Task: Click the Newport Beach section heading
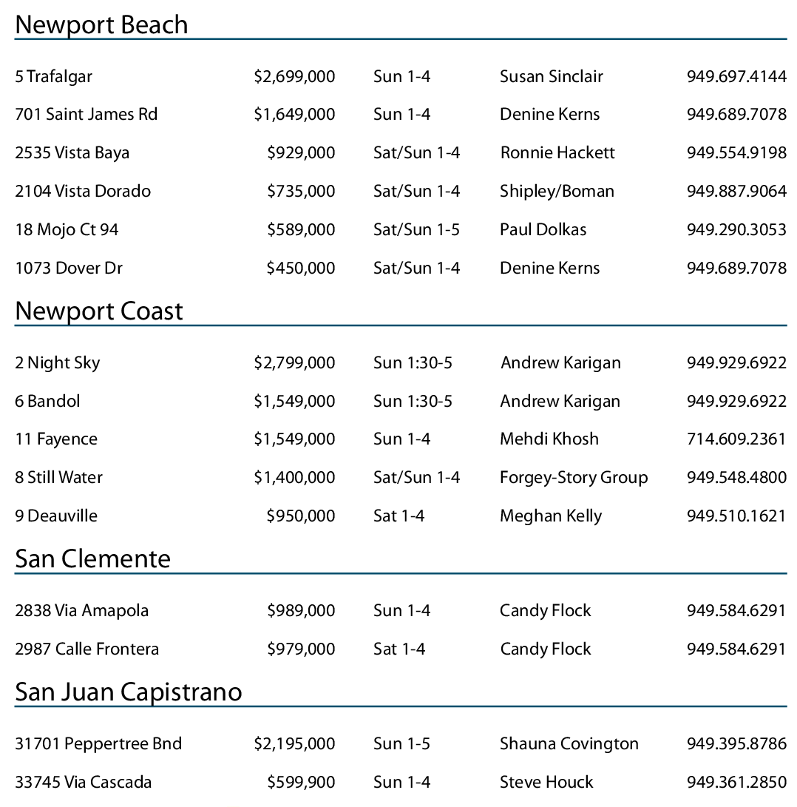point(101,25)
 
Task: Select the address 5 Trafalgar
point(53,76)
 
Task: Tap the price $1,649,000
point(294,115)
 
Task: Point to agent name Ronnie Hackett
point(557,153)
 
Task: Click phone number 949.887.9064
point(736,192)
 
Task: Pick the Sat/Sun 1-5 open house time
point(416,230)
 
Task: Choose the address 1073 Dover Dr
point(69,269)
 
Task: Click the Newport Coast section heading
point(99,311)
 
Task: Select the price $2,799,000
point(294,363)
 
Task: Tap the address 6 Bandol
point(47,402)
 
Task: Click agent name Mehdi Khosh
point(549,439)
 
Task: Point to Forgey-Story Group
point(574,478)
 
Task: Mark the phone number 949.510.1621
point(736,516)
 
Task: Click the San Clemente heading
point(92,558)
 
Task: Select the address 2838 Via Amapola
point(81,611)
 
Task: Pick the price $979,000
point(301,649)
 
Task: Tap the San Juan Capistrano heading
point(129,692)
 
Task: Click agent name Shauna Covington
point(569,744)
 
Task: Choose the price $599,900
point(301,783)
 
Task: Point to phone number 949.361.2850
point(736,783)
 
